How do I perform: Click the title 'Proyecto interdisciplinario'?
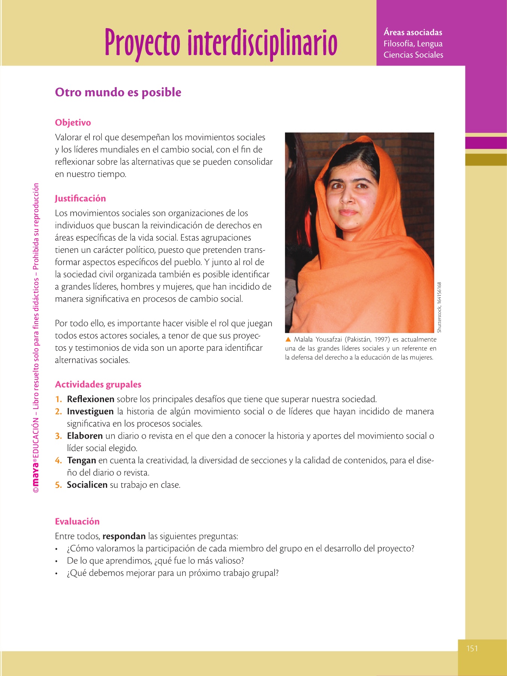(221, 43)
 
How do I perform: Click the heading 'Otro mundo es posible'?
(118, 92)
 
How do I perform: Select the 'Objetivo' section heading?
(73, 123)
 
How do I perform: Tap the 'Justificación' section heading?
(80, 199)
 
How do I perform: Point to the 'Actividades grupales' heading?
(98, 385)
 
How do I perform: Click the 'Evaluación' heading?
(77, 522)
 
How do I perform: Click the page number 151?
(472, 648)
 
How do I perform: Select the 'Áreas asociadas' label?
(413, 33)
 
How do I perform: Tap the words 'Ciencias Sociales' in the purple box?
(413, 55)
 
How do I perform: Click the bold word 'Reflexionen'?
(91, 399)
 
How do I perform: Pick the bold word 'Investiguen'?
(90, 412)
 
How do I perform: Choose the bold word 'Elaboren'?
(85, 436)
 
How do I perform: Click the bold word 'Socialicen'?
(87, 485)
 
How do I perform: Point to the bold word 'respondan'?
(124, 536)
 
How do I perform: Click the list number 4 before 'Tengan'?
(58, 460)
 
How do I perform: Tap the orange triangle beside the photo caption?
(288, 340)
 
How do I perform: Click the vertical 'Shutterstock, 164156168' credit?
(439, 307)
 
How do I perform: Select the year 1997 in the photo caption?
(382, 340)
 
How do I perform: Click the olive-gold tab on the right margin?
(486, 160)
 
